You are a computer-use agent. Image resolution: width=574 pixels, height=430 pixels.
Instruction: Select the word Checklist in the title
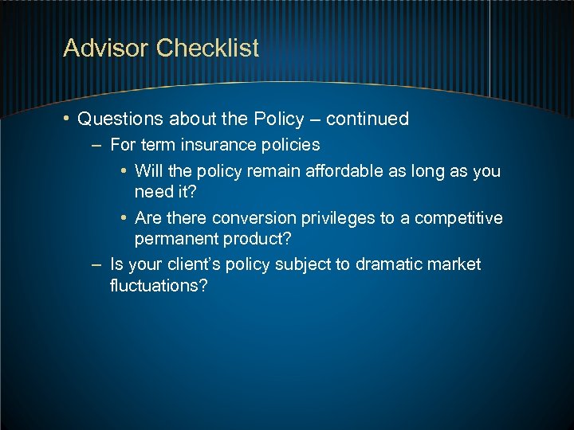208,49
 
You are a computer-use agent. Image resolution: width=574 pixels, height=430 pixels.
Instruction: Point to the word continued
368,119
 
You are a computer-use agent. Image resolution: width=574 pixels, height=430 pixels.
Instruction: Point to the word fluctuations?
159,285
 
